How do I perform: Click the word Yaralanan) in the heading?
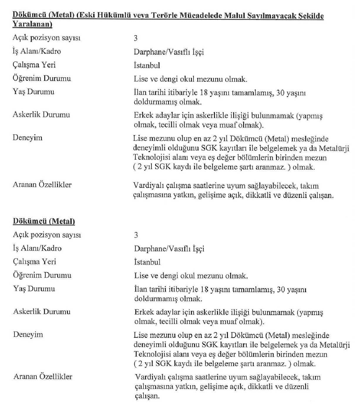coord(32,25)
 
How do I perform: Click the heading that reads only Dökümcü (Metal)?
coord(44,221)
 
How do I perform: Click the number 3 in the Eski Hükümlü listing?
coord(136,39)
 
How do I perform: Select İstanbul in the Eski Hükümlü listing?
coord(147,65)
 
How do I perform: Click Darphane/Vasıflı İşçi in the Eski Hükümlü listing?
coord(169,52)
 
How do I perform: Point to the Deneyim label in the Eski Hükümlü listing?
coord(28,138)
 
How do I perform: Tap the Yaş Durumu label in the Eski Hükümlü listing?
coord(33,92)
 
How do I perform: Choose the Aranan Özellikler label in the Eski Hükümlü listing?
coord(42,185)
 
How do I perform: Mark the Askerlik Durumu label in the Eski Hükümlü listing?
coord(41,115)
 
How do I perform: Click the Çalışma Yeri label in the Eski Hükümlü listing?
coord(34,65)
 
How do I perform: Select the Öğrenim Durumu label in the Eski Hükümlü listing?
coord(42,78)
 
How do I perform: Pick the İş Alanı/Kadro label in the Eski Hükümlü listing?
coord(37,51)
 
